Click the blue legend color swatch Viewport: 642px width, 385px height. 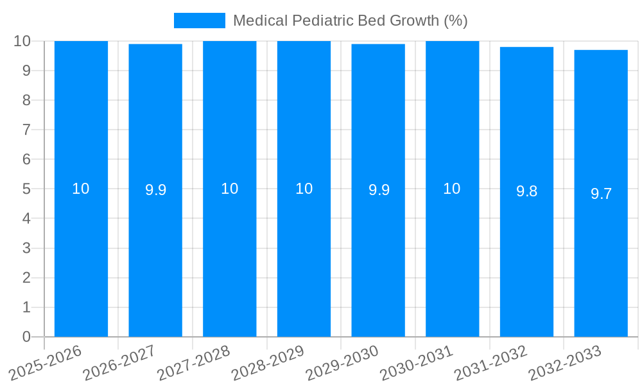click(199, 21)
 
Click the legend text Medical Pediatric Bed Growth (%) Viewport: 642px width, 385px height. click(350, 21)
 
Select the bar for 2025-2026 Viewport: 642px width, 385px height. click(81, 257)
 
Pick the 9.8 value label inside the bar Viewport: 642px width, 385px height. click(526, 191)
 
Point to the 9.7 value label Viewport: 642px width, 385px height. click(601, 194)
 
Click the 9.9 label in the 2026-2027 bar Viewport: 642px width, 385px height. click(155, 190)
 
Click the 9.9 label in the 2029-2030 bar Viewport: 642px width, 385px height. click(378, 190)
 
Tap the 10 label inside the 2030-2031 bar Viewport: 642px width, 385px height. click(452, 189)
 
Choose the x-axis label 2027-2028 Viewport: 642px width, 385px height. click(195, 363)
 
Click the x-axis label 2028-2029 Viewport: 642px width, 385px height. click(268, 363)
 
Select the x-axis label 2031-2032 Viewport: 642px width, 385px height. click(491, 363)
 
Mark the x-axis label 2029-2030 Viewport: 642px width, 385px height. click(343, 363)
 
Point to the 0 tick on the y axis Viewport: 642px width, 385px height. click(26, 337)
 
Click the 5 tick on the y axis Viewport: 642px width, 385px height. click(26, 189)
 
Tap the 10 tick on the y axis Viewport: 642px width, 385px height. click(22, 41)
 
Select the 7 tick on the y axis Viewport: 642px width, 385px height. click(26, 130)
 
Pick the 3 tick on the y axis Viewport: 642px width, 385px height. click(26, 248)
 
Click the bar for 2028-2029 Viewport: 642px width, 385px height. click(304, 257)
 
